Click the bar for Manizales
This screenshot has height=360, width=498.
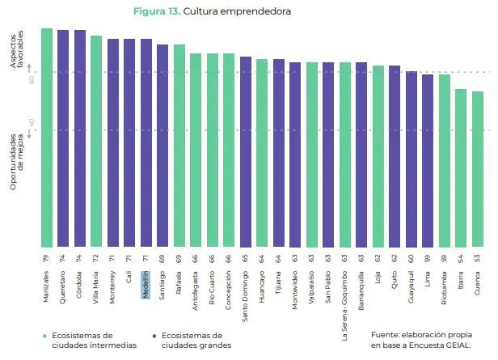[x=47, y=138]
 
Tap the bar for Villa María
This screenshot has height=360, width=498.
[x=96, y=142]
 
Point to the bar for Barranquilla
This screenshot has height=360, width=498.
[x=361, y=154]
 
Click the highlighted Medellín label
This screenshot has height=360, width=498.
[x=146, y=285]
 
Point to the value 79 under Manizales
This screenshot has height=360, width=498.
[x=47, y=256]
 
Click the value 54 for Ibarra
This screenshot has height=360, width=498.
[x=461, y=256]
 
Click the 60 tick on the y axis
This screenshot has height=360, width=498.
[x=32, y=79]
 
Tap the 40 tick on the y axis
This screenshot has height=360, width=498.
[x=32, y=123]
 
